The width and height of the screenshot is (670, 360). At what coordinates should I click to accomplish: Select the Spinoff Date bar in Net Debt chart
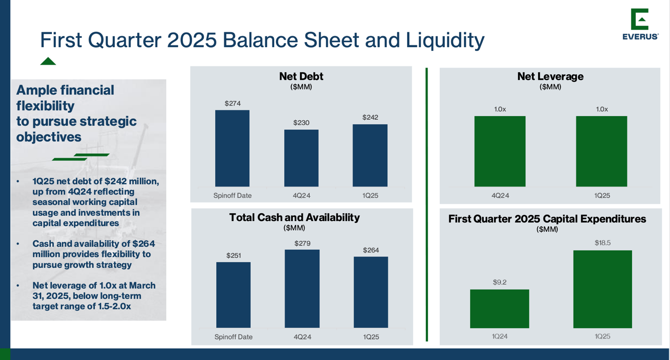point(232,148)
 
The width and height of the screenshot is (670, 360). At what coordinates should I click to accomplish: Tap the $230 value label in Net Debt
point(301,122)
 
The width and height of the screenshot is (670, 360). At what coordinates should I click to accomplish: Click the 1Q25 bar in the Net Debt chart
point(370,155)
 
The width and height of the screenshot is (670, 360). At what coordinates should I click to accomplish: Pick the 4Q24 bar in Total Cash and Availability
point(302,288)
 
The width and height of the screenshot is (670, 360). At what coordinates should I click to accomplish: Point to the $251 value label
point(233,255)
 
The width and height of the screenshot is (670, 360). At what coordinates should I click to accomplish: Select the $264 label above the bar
point(371,250)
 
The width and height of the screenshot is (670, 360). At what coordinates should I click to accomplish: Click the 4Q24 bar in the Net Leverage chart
point(500,151)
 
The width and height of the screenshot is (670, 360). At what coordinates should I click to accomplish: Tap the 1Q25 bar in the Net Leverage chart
point(601,151)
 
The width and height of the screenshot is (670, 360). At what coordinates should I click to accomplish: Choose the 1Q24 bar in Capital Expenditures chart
point(499,309)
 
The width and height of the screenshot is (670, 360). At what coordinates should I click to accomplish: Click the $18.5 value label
point(602,243)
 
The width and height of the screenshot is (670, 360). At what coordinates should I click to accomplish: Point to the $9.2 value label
point(499,282)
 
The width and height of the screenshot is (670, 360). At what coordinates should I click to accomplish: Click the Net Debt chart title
point(301,76)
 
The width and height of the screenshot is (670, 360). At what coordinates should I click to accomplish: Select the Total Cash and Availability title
point(294,217)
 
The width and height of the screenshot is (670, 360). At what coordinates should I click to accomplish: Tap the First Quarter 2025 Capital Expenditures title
point(547,219)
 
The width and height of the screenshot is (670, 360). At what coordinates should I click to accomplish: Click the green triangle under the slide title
point(48,61)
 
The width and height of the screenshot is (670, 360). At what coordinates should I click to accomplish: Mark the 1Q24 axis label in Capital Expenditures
point(499,336)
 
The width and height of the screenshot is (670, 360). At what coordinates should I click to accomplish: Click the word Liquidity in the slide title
point(444,40)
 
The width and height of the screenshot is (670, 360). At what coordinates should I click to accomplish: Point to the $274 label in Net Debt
point(233,103)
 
